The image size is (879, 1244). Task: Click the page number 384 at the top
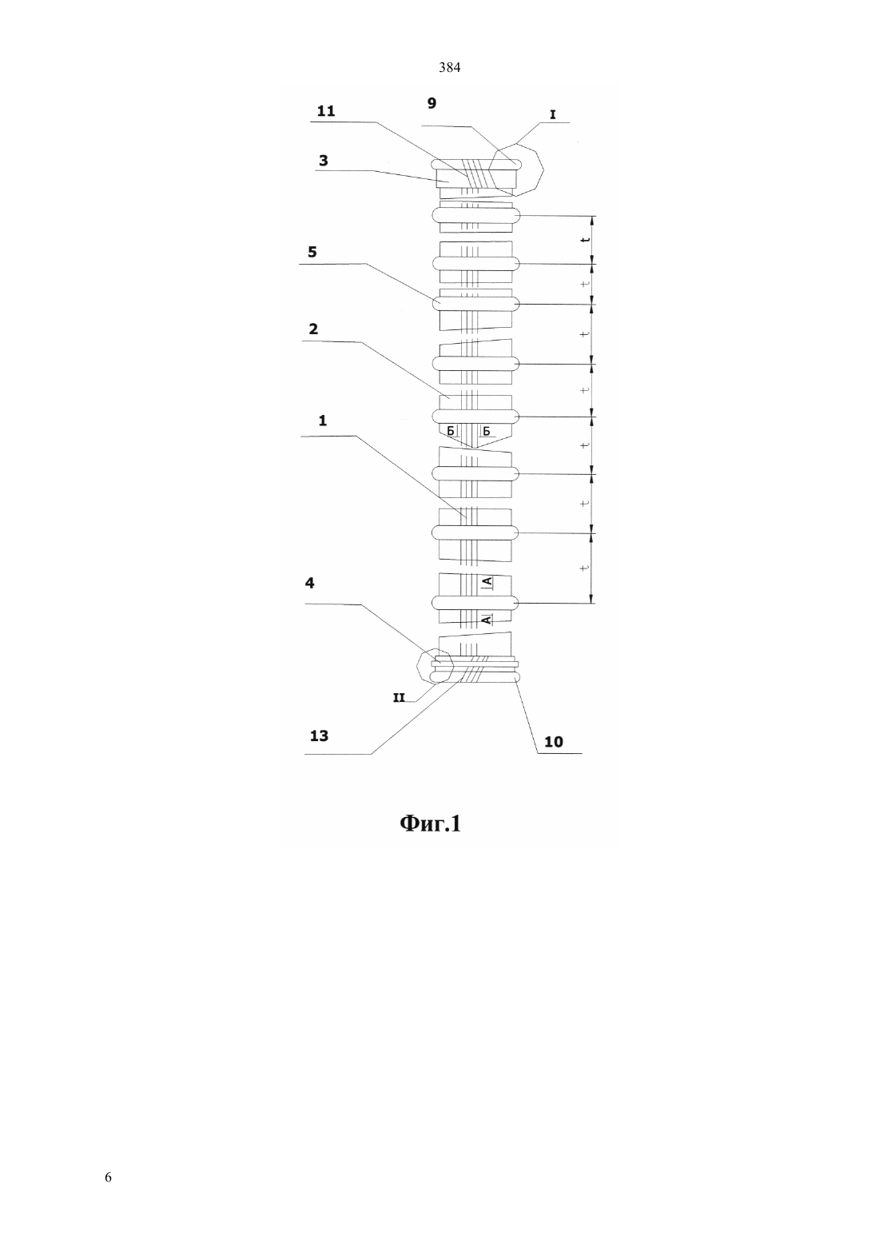pyautogui.click(x=449, y=68)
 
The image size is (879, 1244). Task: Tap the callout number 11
pyautogui.click(x=326, y=111)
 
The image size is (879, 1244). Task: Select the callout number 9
pyautogui.click(x=432, y=103)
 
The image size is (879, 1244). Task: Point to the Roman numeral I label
pyautogui.click(x=552, y=115)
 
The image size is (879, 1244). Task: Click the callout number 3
pyautogui.click(x=324, y=161)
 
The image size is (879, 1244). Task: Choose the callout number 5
pyautogui.click(x=312, y=252)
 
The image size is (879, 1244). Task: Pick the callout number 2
pyautogui.click(x=313, y=329)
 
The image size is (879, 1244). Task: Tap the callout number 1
pyautogui.click(x=322, y=421)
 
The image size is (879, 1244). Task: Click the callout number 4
pyautogui.click(x=310, y=583)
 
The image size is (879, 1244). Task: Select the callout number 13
pyautogui.click(x=319, y=736)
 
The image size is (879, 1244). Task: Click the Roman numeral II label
pyautogui.click(x=399, y=698)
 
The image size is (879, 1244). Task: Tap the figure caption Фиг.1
pyautogui.click(x=431, y=823)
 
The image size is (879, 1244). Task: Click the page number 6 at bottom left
pyautogui.click(x=108, y=1177)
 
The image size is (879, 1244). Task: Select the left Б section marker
pyautogui.click(x=451, y=432)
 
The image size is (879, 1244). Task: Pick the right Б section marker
pyautogui.click(x=487, y=432)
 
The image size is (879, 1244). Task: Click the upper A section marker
pyautogui.click(x=487, y=581)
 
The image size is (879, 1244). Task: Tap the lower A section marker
pyautogui.click(x=487, y=620)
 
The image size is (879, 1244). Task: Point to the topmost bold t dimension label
pyautogui.click(x=584, y=240)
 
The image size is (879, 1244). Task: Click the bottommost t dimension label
pyautogui.click(x=584, y=568)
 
